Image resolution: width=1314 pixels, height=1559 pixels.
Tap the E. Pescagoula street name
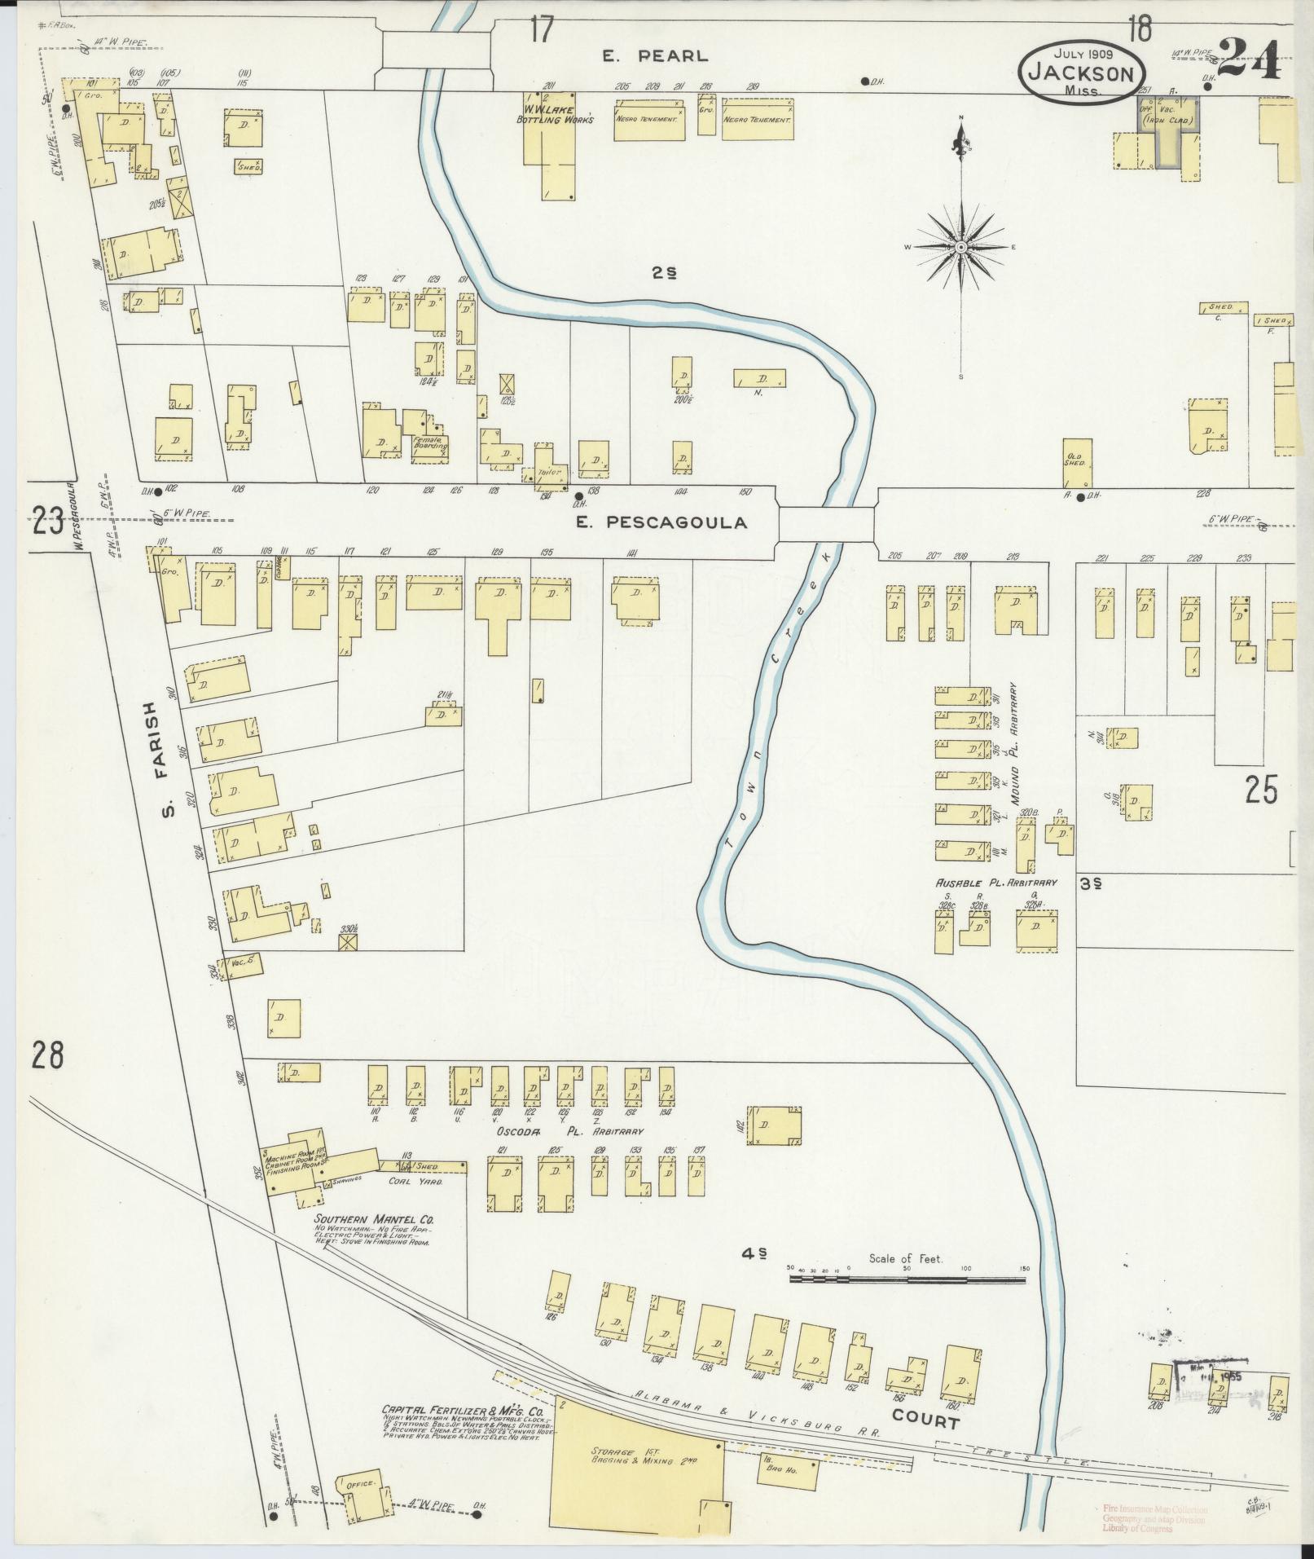[674, 523]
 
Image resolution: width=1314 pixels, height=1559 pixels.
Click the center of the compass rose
[961, 246]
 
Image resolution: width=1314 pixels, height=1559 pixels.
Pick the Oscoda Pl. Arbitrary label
[570, 1132]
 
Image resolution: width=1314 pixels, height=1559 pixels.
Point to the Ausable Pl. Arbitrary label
[995, 883]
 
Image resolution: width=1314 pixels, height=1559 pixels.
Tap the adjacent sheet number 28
[47, 1057]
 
